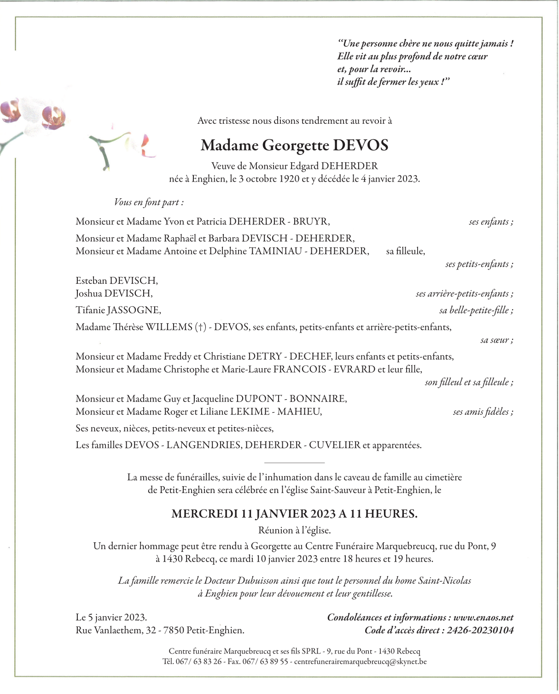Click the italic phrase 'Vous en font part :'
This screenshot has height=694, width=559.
tap(149, 202)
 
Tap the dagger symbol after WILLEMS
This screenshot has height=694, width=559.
tap(200, 327)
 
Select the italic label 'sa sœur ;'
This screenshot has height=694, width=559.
tap(496, 340)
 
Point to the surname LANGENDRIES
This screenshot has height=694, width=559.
tap(203, 445)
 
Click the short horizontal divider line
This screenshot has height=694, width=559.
tap(295, 462)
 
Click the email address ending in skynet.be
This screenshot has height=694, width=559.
tap(360, 662)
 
